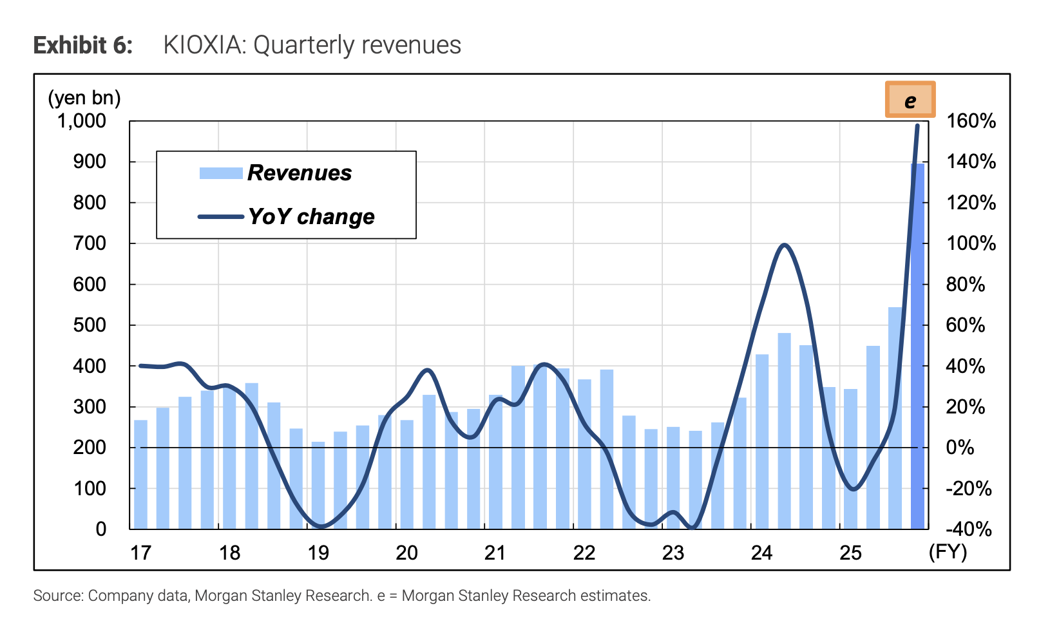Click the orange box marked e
(910, 100)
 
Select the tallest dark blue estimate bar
(917, 348)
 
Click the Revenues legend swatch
(220, 173)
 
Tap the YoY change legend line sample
(220, 217)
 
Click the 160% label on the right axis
(970, 121)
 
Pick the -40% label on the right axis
(968, 529)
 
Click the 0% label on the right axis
(960, 448)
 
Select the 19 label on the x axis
(318, 553)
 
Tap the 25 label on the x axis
(850, 553)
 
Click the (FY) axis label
(948, 552)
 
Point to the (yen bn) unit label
(84, 98)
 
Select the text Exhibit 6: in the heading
(83, 46)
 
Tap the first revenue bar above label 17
(140, 474)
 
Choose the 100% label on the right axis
(970, 243)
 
